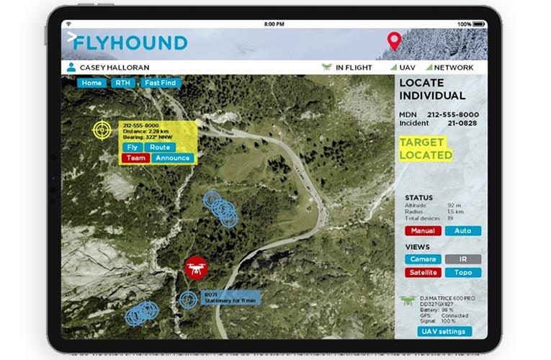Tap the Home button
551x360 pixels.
click(91, 83)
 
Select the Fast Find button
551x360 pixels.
click(161, 83)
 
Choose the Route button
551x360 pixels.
click(160, 147)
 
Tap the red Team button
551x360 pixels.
click(136, 158)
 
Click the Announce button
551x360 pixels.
click(173, 158)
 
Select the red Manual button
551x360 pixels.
click(423, 231)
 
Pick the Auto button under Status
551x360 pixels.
click(462, 231)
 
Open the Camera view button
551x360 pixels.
click(423, 259)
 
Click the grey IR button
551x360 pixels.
click(462, 259)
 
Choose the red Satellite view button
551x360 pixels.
click(423, 273)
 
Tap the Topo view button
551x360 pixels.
click(462, 273)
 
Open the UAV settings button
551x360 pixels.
click(444, 332)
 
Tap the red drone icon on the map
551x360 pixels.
click(194, 268)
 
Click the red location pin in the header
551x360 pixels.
click(394, 41)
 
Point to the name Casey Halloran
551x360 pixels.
click(115, 68)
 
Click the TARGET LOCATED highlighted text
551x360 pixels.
click(426, 148)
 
